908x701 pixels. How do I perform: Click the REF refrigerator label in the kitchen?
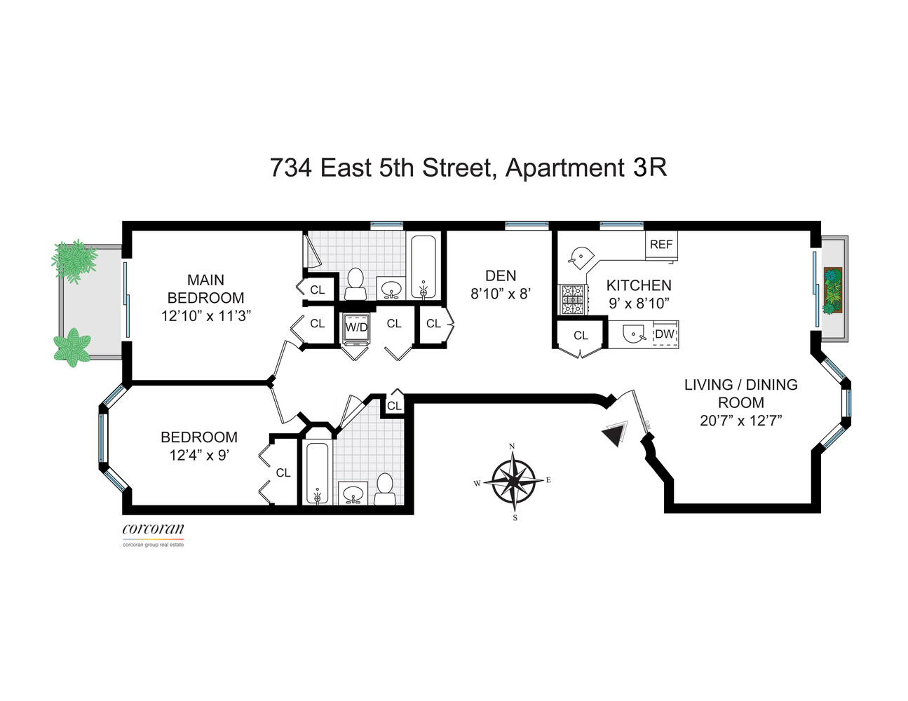[660, 245]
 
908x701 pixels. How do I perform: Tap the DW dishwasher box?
[664, 334]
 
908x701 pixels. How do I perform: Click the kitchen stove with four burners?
[573, 299]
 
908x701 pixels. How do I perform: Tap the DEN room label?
[501, 276]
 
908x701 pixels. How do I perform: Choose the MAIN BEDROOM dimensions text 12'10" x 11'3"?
[206, 316]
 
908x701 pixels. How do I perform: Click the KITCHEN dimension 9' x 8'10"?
[639, 304]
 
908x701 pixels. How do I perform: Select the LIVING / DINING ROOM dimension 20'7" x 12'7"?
[740, 421]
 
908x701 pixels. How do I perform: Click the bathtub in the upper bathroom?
[423, 267]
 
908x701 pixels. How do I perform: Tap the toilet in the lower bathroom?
[384, 489]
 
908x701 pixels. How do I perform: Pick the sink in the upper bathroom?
[391, 288]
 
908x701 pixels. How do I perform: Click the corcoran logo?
[154, 531]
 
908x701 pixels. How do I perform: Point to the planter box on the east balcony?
[833, 290]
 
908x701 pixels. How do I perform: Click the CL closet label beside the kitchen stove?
[581, 336]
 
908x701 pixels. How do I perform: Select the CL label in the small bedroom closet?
[283, 473]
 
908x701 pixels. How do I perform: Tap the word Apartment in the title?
[565, 168]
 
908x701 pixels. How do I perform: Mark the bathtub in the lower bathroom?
[317, 472]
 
